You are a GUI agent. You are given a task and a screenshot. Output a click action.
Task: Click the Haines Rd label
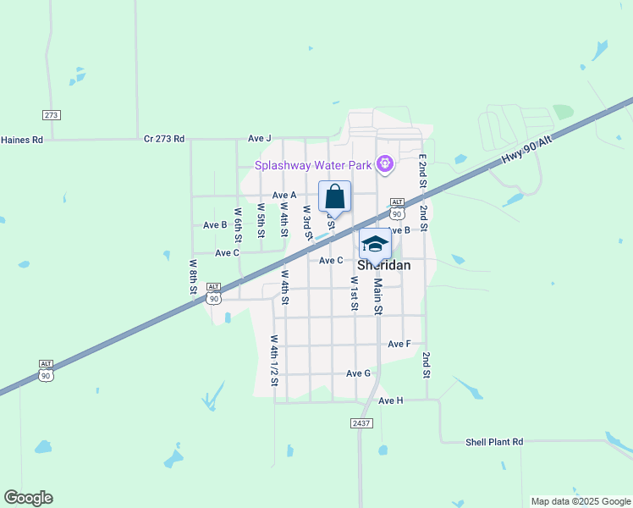(21, 139)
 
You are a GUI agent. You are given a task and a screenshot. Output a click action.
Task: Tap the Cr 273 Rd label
(164, 138)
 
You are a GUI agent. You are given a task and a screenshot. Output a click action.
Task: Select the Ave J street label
(260, 138)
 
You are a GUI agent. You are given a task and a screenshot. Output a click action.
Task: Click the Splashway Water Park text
(315, 164)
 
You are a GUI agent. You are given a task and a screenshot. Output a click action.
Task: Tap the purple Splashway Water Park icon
(384, 163)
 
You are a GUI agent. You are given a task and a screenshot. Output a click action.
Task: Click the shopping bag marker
(334, 196)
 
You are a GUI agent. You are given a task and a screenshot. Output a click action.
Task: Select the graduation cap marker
(375, 244)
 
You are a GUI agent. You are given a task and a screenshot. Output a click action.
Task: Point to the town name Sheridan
(383, 265)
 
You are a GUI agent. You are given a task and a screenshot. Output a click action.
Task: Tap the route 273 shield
(51, 114)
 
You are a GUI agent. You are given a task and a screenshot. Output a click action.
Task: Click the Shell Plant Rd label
(494, 442)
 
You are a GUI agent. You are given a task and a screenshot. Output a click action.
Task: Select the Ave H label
(391, 400)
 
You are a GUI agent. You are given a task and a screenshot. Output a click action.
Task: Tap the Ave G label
(358, 373)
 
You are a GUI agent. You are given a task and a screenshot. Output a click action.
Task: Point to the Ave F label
(399, 344)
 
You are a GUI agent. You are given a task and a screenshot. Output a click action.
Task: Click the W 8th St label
(193, 277)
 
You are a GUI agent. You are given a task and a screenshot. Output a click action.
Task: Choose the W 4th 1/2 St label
(274, 361)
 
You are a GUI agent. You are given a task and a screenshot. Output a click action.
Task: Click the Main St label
(378, 297)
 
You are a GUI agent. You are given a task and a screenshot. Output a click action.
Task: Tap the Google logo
(28, 498)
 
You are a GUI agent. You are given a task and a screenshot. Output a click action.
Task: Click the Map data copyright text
(580, 501)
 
